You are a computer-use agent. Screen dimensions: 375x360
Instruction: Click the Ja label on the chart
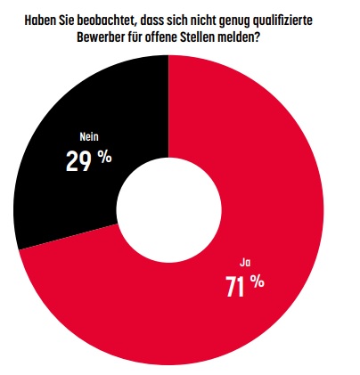pyautogui.click(x=245, y=263)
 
